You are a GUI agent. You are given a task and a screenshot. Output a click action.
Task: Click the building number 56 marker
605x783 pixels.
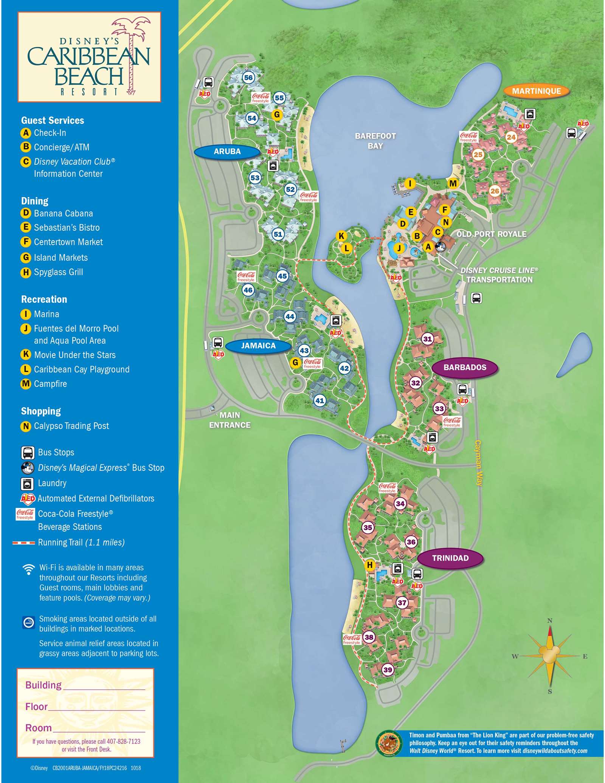[248, 78]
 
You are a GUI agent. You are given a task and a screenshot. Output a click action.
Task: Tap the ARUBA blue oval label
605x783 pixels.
[227, 152]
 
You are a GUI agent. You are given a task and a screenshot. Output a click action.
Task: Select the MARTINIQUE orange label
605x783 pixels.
[536, 91]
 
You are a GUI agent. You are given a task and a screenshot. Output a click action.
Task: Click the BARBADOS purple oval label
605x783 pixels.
[465, 367]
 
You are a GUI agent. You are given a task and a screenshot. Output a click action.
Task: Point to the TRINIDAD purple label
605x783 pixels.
[450, 558]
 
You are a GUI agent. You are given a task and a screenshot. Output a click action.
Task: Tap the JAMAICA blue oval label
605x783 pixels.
[258, 346]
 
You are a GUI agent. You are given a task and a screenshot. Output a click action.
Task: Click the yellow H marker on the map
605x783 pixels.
[370, 565]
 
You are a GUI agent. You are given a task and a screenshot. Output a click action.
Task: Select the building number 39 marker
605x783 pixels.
[388, 670]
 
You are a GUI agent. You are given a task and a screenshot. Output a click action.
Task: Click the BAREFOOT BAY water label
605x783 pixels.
[375, 141]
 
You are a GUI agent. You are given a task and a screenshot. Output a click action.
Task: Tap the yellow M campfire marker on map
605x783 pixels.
[453, 184]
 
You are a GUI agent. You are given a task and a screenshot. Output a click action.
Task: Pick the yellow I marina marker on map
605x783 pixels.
[410, 184]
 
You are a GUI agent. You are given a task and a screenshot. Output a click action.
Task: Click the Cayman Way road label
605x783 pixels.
[478, 463]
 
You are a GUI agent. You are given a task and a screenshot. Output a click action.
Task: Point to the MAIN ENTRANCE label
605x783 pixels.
[230, 420]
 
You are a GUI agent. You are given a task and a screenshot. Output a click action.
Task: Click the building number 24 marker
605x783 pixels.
[511, 137]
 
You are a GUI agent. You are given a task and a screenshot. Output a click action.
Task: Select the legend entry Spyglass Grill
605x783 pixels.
[58, 272]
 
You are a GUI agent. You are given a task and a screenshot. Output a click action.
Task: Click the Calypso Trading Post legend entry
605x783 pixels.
[71, 426]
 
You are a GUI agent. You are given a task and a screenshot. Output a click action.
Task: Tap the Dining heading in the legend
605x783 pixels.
[35, 201]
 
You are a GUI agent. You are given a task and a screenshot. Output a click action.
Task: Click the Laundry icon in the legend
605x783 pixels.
[27, 483]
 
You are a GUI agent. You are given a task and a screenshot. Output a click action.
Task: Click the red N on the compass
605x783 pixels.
[550, 620]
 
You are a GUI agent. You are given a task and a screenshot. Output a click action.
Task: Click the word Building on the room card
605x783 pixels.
[43, 685]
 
